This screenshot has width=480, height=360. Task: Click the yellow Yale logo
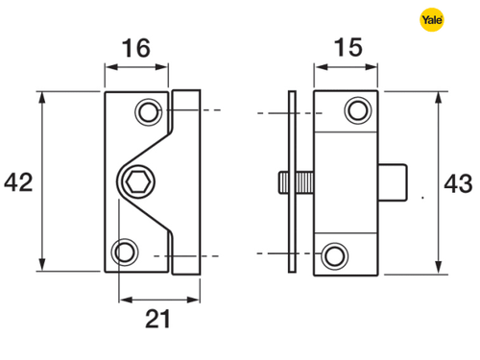click(x=432, y=20)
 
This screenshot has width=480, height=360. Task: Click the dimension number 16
click(x=136, y=48)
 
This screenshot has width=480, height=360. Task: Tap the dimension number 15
click(x=348, y=47)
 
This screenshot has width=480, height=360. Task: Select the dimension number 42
click(x=18, y=182)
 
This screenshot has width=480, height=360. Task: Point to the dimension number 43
click(x=458, y=183)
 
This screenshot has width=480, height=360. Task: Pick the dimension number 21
click(x=157, y=319)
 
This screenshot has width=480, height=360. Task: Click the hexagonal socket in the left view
click(x=138, y=182)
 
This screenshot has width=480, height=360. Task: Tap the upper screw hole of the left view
click(x=149, y=112)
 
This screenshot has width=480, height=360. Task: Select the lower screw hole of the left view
click(x=125, y=252)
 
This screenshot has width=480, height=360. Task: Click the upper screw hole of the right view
click(x=358, y=110)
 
